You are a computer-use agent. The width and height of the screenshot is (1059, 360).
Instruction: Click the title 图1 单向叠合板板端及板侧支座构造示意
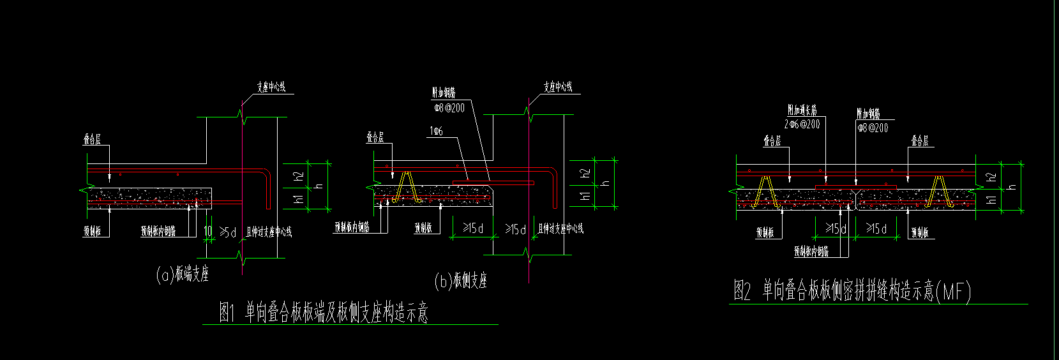pos(324,313)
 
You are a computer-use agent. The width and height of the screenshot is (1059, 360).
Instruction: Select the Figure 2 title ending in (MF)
pos(852,292)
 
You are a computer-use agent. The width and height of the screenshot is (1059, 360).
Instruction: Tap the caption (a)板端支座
pos(183,275)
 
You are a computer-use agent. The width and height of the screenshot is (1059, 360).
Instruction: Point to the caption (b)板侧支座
pos(460,280)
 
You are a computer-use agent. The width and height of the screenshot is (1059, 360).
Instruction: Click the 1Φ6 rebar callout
pos(436,131)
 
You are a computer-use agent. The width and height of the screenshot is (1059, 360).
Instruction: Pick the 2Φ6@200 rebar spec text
pos(802,124)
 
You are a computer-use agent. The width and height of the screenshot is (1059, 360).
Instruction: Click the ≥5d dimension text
pos(228,232)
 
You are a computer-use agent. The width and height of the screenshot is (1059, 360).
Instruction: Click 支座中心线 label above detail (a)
pos(271,87)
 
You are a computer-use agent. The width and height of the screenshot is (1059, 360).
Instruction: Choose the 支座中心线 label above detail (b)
pos(558,87)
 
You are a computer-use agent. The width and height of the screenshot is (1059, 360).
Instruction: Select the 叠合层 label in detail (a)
pos(93,140)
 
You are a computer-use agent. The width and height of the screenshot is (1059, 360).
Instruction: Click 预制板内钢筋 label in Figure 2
pos(811,252)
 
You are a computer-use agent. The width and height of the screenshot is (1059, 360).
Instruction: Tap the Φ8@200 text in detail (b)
pos(449,108)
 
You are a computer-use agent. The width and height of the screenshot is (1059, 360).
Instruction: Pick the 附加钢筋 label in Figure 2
pos(868,114)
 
